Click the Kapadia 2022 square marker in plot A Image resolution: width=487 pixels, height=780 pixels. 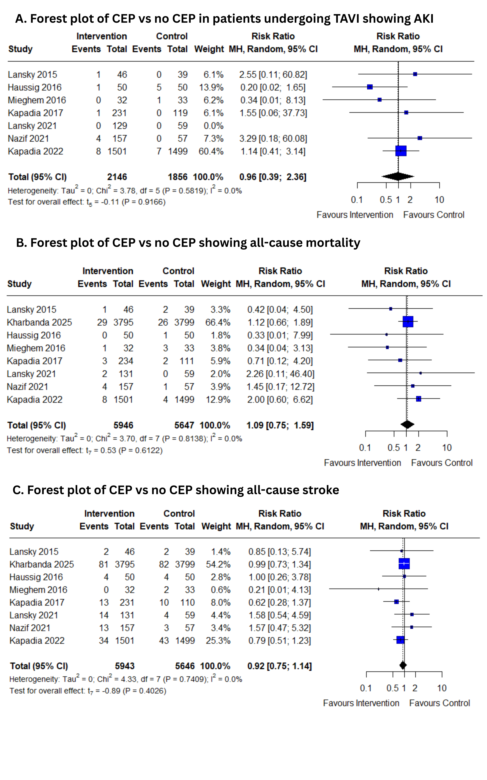point(401,151)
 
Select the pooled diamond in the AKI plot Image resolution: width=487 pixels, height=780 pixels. point(398,176)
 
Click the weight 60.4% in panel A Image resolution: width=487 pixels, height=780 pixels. point(211,151)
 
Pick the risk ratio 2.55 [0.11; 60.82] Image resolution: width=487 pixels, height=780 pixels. point(273,74)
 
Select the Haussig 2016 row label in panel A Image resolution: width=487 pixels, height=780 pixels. point(35,87)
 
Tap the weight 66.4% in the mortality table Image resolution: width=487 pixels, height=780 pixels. point(218,322)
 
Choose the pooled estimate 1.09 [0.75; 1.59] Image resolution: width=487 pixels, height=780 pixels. point(280,425)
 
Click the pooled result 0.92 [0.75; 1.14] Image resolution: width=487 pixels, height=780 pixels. point(279,666)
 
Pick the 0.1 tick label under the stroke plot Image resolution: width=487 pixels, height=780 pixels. point(366,688)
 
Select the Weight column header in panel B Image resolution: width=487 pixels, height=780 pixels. point(216,284)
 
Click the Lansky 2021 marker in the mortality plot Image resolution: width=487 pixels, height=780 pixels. point(420,373)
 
